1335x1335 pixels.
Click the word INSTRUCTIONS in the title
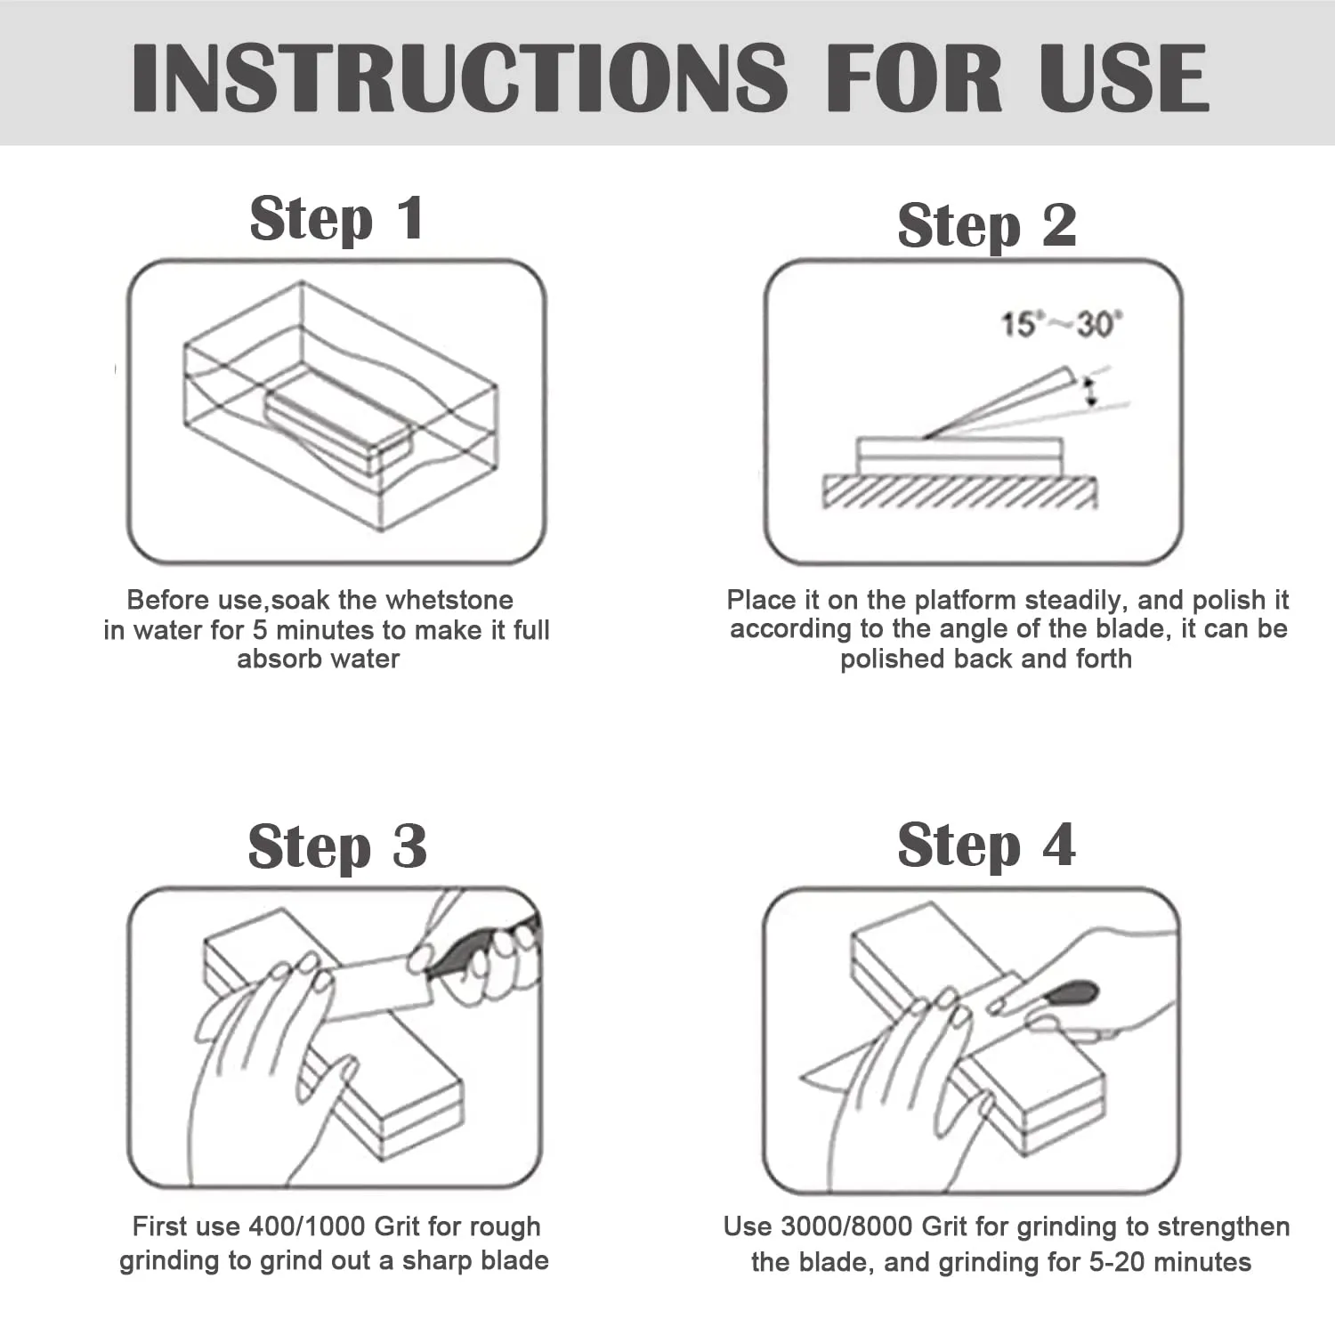[x=460, y=77]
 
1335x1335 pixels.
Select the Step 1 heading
[x=336, y=220]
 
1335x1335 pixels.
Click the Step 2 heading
[x=986, y=226]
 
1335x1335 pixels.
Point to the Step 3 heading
[x=337, y=846]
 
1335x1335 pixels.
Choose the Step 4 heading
[x=986, y=845]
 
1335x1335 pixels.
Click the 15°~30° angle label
[x=1062, y=324]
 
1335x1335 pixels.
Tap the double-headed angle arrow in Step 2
[x=1089, y=392]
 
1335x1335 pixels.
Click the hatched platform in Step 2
[x=959, y=492]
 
